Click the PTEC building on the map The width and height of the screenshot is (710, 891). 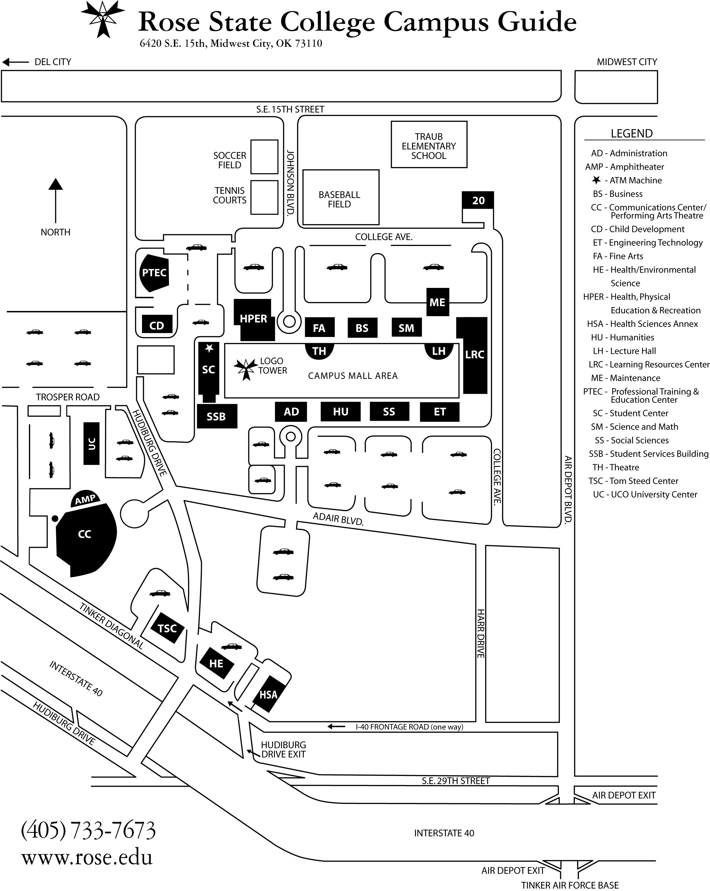[x=154, y=273]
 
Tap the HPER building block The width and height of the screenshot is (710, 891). [x=253, y=319]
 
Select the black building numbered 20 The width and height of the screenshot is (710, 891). [x=478, y=200]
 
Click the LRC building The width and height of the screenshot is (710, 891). [x=474, y=355]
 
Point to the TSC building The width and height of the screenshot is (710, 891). [x=167, y=628]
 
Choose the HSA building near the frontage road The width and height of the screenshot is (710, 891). [x=268, y=694]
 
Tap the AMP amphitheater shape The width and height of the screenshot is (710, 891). [x=85, y=499]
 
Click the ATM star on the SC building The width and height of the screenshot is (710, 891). [x=210, y=348]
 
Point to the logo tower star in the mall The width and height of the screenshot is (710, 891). [x=245, y=368]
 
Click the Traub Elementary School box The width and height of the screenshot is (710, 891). [x=429, y=145]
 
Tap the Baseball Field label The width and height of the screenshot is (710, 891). [x=339, y=199]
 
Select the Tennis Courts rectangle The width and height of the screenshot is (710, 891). [x=265, y=197]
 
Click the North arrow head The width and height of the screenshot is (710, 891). [x=55, y=184]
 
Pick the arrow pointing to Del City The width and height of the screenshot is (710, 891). [x=15, y=62]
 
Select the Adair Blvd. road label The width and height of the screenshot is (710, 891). [x=338, y=519]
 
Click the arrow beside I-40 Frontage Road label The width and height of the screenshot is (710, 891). [x=336, y=727]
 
